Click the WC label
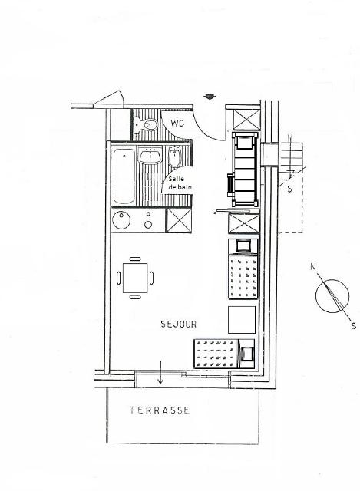click(177, 123)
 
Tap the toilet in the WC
click(147, 124)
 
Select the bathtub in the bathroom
click(124, 176)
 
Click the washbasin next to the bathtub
click(150, 157)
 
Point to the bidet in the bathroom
click(174, 157)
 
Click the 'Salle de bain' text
click(180, 183)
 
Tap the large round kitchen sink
click(121, 220)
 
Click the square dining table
click(135, 278)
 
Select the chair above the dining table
click(135, 259)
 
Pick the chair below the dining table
click(135, 297)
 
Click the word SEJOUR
click(179, 324)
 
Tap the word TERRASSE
click(160, 410)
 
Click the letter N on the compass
click(313, 267)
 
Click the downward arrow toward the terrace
click(160, 372)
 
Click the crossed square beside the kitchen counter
click(178, 220)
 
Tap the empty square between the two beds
click(242, 320)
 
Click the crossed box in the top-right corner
click(246, 120)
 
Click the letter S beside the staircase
click(290, 189)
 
